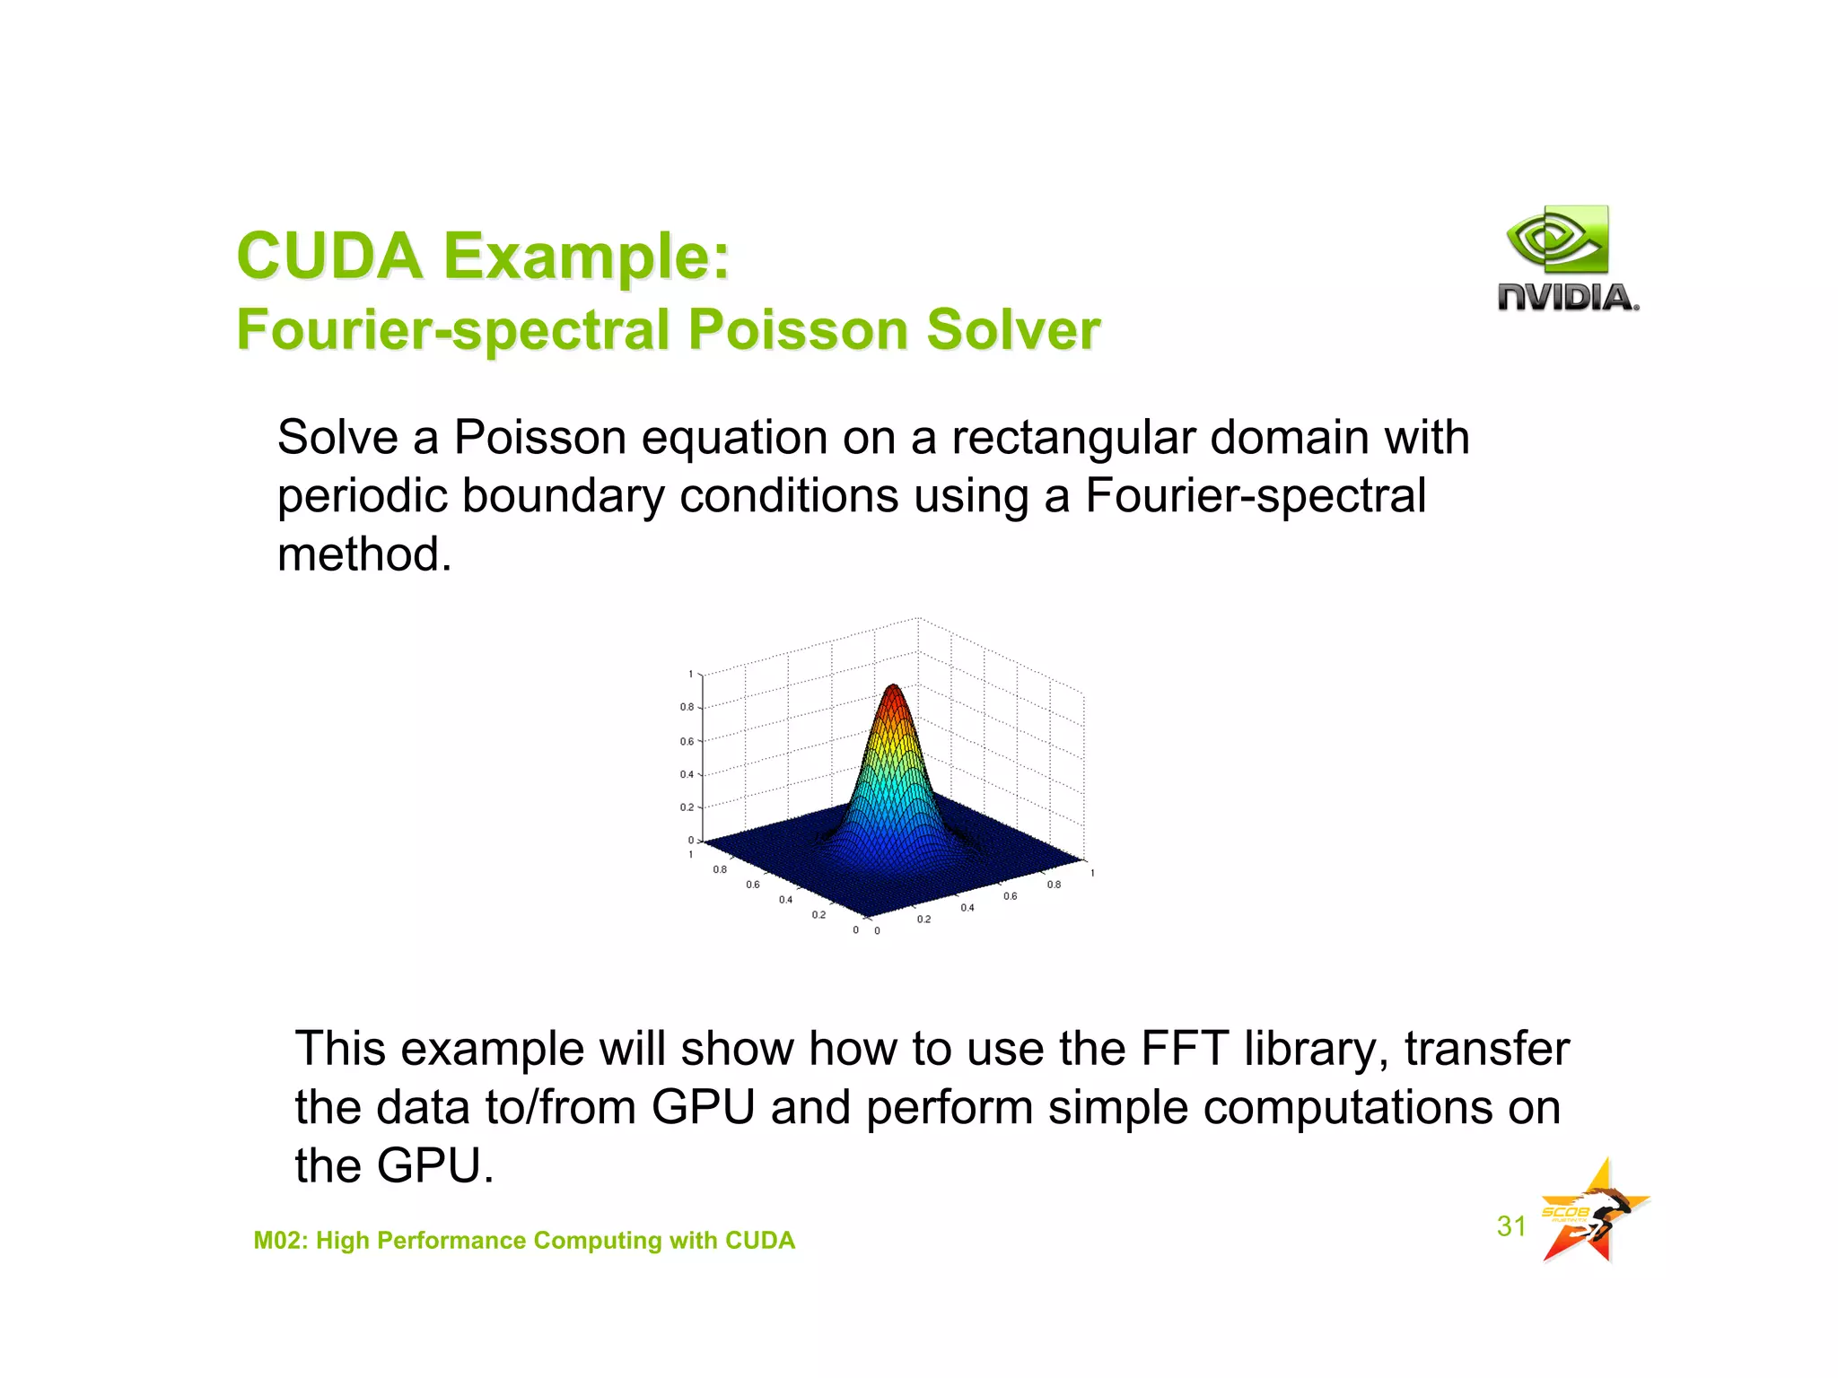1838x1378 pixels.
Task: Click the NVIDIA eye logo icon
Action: tap(1558, 239)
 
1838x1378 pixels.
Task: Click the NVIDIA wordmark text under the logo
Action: tap(1567, 297)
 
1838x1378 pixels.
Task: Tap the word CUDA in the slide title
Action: tap(329, 257)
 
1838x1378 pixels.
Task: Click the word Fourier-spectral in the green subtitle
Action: tap(453, 330)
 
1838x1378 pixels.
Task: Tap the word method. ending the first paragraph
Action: tap(363, 554)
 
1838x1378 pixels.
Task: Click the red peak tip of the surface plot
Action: tap(893, 689)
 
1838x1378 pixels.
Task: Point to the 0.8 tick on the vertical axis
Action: tap(687, 708)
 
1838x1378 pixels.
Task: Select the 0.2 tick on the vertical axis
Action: tap(687, 807)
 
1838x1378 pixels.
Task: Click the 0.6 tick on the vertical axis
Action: tap(687, 742)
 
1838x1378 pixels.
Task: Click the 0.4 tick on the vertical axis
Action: tap(687, 774)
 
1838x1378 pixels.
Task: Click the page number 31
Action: tap(1511, 1226)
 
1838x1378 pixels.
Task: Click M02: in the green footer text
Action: tap(280, 1241)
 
